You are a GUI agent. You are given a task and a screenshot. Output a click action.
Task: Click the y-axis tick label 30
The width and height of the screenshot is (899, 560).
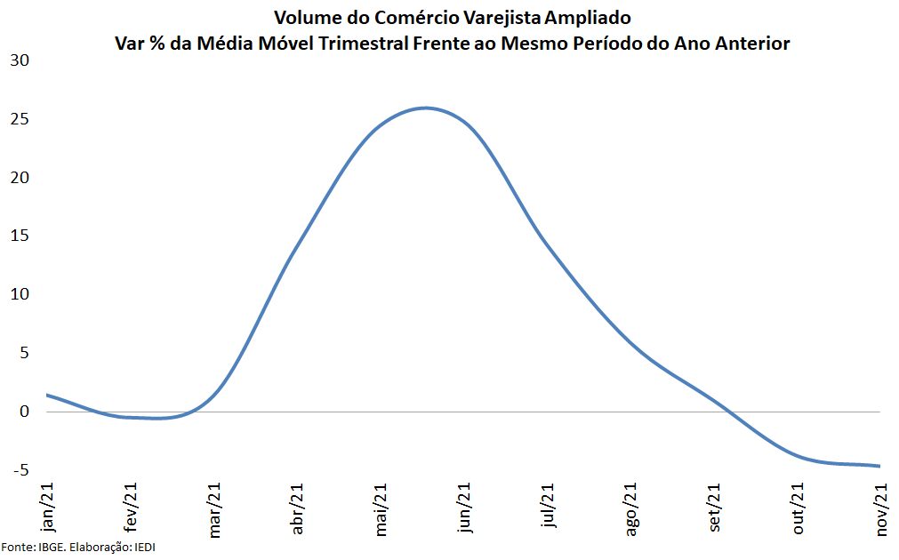[20, 60]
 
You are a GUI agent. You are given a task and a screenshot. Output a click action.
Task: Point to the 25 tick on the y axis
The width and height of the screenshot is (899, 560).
[20, 119]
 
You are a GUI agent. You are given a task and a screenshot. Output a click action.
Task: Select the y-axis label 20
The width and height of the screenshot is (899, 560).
[20, 178]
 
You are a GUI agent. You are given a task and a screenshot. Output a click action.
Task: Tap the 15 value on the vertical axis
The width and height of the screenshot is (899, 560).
[20, 236]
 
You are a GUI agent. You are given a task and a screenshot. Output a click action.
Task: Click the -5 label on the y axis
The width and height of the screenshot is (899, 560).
[20, 470]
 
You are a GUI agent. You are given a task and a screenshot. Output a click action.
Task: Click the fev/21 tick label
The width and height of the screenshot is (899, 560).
[130, 509]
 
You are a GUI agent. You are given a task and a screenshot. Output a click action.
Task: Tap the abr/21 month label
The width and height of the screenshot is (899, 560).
[297, 509]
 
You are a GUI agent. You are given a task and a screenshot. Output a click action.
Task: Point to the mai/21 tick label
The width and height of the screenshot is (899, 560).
[381, 510]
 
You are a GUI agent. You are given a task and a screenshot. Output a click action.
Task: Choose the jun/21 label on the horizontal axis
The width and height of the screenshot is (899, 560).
[464, 509]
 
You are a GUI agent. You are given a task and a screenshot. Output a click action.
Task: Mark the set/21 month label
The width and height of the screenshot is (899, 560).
[715, 509]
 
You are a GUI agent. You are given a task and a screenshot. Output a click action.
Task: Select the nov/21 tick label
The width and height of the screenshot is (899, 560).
[882, 510]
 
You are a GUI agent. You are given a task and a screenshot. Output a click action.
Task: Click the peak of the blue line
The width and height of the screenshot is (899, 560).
[426, 108]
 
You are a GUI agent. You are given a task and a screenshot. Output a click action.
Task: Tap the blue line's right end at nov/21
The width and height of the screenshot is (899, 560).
[879, 466]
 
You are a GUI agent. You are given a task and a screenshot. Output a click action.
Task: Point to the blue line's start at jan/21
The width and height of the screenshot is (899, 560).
[47, 395]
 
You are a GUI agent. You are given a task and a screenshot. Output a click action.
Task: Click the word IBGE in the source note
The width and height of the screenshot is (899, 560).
[50, 546]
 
